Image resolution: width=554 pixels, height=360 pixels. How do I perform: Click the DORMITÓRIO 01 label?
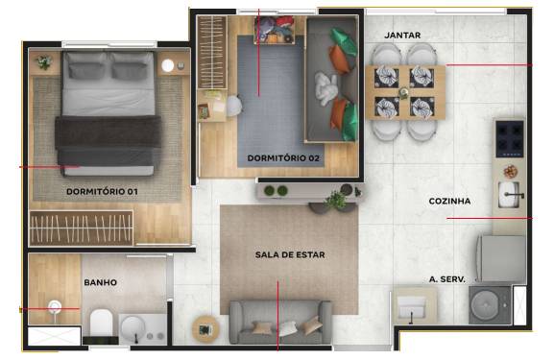102,192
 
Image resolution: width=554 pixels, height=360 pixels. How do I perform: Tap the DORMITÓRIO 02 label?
283,158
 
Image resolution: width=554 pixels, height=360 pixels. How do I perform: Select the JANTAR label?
402,36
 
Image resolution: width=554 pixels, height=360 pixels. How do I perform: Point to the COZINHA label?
449,202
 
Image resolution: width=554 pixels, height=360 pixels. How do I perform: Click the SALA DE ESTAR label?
290,254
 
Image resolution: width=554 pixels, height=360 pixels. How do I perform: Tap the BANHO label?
101,282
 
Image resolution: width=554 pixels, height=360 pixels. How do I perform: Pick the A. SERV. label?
447,279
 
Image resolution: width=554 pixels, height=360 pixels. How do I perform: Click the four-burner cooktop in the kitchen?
510,139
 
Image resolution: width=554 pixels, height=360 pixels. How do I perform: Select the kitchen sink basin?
509,194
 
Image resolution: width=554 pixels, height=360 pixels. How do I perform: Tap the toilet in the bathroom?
101,324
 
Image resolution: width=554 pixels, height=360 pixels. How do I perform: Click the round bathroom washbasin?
132,329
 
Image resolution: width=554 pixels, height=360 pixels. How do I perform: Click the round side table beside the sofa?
205,329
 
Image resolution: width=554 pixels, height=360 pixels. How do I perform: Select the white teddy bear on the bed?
326,88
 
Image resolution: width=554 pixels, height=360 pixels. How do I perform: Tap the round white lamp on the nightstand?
168,65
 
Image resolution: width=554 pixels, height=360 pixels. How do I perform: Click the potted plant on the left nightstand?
44,62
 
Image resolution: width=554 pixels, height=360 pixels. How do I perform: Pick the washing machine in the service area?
490,305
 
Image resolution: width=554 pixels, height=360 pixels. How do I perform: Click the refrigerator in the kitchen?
501,258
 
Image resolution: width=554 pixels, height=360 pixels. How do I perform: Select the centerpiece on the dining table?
403,93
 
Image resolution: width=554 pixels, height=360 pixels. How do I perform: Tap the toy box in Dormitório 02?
275,30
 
